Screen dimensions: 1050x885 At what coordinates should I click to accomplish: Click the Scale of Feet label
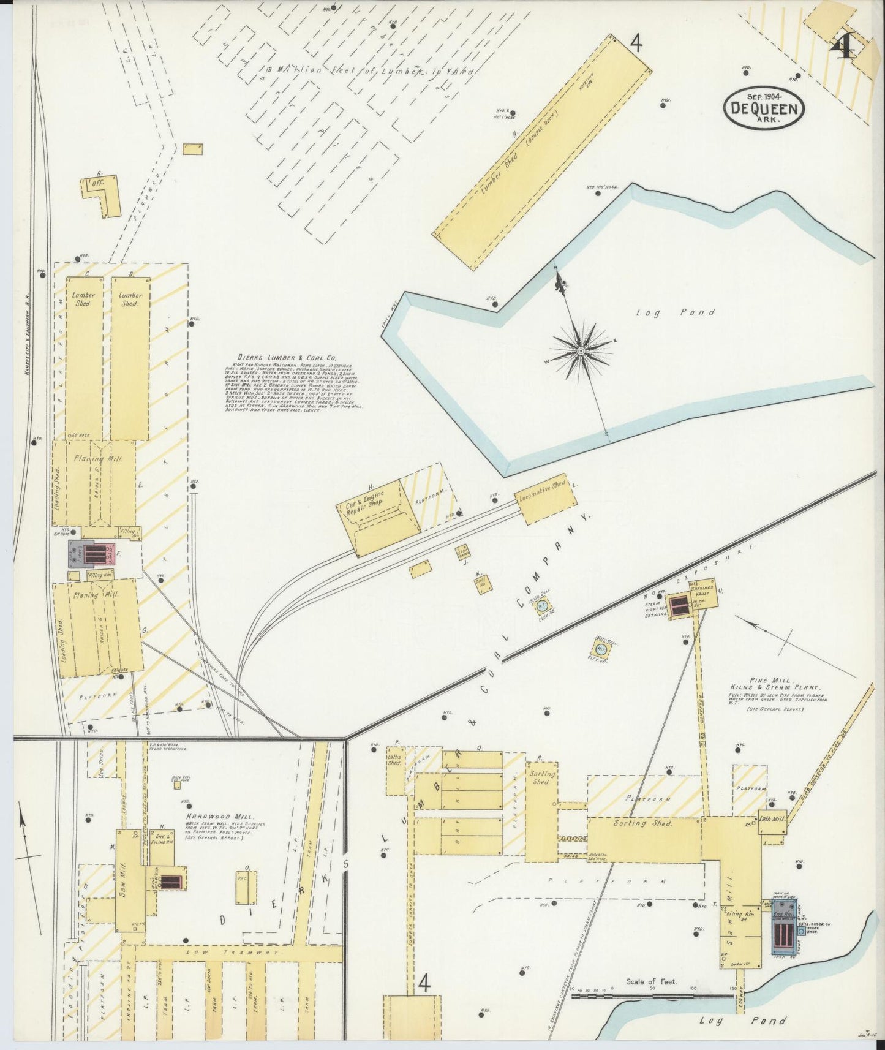coord(651,981)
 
